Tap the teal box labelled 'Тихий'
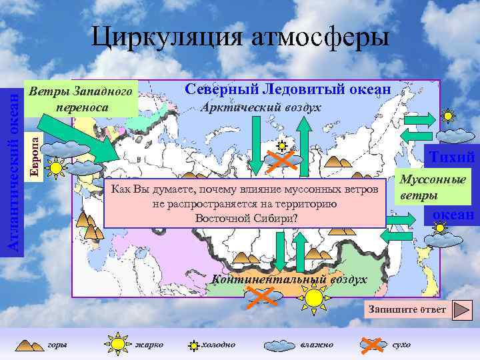tap(451, 158)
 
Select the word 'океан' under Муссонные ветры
tap(453, 215)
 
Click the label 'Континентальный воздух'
tap(288, 279)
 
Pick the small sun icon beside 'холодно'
tap(194, 345)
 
